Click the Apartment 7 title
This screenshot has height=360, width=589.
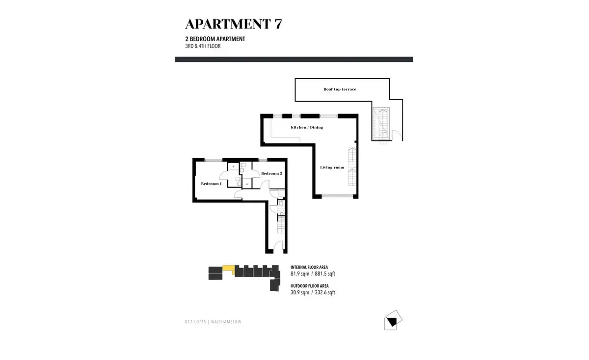(234, 24)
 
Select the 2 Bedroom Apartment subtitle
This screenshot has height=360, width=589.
(215, 39)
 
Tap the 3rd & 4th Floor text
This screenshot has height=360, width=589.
(203, 46)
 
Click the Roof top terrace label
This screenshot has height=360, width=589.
(340, 89)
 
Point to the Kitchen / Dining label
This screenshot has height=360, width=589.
(307, 127)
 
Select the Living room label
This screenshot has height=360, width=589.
(332, 167)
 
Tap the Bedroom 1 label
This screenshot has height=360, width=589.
(211, 184)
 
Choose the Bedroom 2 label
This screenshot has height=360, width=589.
(271, 173)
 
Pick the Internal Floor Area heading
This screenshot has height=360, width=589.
(309, 267)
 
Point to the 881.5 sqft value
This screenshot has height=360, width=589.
(325, 274)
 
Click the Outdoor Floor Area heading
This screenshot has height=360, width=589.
(310, 286)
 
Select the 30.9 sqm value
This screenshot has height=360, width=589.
(300, 292)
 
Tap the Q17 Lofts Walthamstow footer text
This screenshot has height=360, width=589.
(213, 322)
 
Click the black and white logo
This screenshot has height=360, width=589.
(393, 320)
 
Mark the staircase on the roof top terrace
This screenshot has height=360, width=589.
(381, 124)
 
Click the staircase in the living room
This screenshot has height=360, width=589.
(352, 166)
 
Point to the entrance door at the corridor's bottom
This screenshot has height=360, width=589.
(279, 245)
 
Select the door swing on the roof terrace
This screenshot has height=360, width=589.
(397, 136)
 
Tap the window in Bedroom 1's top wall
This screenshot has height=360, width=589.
(214, 160)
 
